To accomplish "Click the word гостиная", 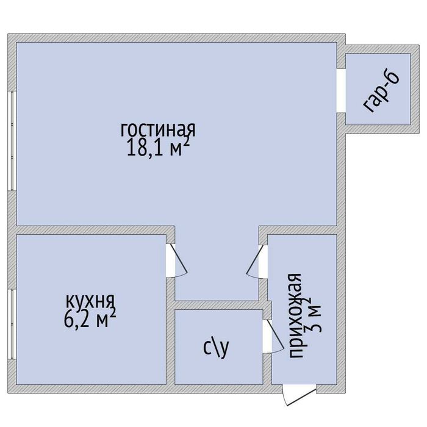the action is [158, 129].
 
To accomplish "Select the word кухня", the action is [91, 302].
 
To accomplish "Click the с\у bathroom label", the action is [216, 348].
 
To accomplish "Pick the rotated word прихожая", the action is [295, 315].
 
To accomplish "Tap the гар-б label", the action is [381, 92].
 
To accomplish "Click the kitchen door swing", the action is [177, 260].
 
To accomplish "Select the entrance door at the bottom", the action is [299, 395].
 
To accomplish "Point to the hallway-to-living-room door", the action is [257, 262].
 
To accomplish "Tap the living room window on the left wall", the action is [12, 140].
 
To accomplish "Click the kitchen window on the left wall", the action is [12, 324].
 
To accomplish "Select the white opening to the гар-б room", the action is [341, 91].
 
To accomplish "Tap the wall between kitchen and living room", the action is [91, 230].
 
